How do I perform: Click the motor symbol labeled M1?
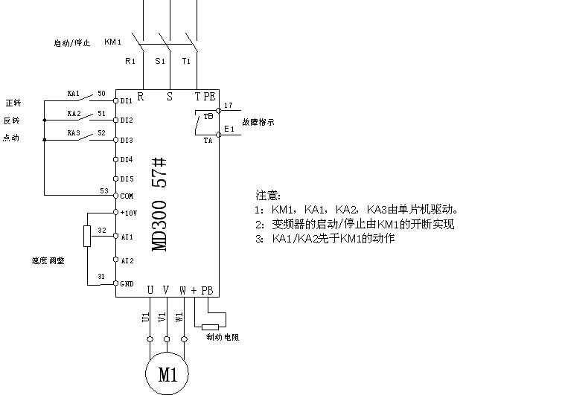tap(167, 373)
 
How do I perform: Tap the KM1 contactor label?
tap(113, 42)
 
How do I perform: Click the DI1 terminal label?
tap(127, 100)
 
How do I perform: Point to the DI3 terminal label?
tap(127, 140)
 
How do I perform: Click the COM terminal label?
tap(127, 196)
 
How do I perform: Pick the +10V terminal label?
tap(127, 212)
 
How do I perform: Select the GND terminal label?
tap(127, 283)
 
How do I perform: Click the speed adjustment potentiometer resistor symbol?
tap(87, 237)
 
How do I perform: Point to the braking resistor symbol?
tap(211, 327)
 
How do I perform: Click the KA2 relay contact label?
tap(74, 114)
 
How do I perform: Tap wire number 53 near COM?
tap(104, 191)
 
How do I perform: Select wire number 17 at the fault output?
tap(228, 106)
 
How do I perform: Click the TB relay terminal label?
tap(208, 117)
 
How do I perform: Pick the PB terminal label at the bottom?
tap(207, 290)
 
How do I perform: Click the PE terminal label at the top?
tap(210, 96)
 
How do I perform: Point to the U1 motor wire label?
tap(145, 317)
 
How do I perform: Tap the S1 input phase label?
tap(160, 61)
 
